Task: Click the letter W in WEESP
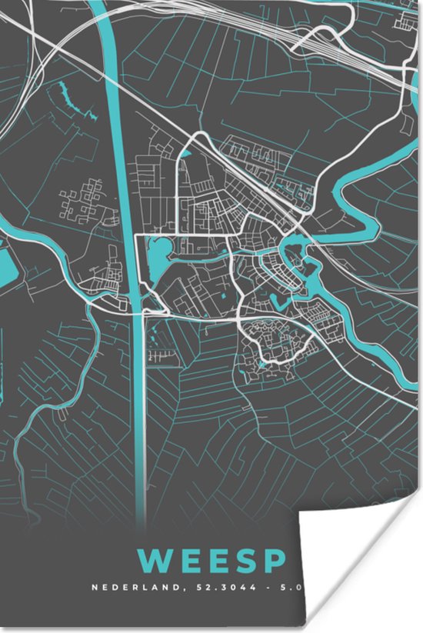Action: click(x=155, y=560)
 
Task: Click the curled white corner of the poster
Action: click(x=361, y=554)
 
